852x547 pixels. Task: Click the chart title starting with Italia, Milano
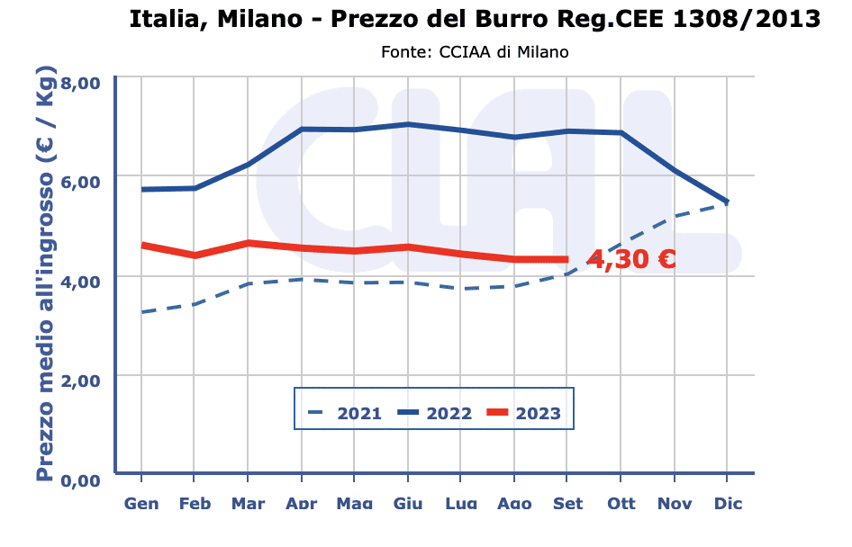click(x=475, y=18)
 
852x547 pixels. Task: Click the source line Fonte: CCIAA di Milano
click(x=475, y=52)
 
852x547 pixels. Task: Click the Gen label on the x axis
click(x=141, y=503)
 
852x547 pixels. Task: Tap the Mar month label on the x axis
click(x=248, y=503)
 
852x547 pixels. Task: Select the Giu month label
click(x=408, y=503)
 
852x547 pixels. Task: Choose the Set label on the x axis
click(x=567, y=503)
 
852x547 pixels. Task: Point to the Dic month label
click(x=728, y=503)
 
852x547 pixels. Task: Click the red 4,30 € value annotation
click(x=631, y=260)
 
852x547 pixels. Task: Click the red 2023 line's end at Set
click(x=566, y=259)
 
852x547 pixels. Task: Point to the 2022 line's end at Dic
click(x=727, y=202)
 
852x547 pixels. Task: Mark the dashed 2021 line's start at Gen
click(x=142, y=312)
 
